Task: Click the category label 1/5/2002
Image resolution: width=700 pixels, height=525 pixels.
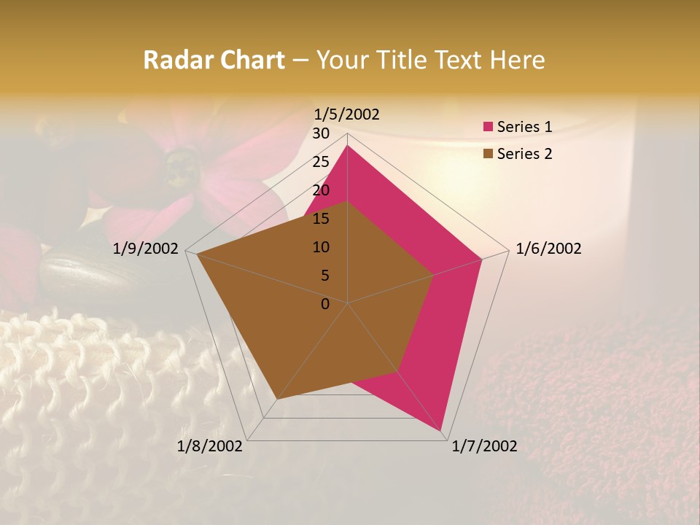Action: point(347,114)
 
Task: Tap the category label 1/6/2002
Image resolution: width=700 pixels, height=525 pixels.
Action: point(548,249)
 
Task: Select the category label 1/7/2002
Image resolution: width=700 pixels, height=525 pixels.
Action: point(484,446)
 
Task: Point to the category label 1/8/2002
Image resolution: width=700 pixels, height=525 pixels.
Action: point(210,446)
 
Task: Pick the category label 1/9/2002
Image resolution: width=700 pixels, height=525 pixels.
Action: point(146,249)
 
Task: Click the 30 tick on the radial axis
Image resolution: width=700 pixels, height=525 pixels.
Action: point(321,133)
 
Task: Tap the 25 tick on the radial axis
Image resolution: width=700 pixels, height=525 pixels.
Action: point(321,162)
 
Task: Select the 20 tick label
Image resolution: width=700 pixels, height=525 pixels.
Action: point(321,190)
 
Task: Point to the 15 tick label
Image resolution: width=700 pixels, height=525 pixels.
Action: point(321,219)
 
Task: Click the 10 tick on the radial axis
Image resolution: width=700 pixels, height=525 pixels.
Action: point(321,247)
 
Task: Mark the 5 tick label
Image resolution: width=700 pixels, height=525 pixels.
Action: point(324,276)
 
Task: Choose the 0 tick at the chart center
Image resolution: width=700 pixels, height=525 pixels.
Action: point(325,304)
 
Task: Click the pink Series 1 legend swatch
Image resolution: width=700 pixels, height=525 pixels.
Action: point(488,127)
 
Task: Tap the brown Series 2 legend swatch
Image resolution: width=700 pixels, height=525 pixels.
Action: point(488,154)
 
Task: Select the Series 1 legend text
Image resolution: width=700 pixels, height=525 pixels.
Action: point(524,127)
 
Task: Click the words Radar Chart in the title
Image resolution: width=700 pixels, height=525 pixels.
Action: point(214,60)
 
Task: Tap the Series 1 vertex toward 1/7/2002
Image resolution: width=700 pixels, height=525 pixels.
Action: point(441,431)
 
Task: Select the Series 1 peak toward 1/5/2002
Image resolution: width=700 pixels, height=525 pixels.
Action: point(347,145)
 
